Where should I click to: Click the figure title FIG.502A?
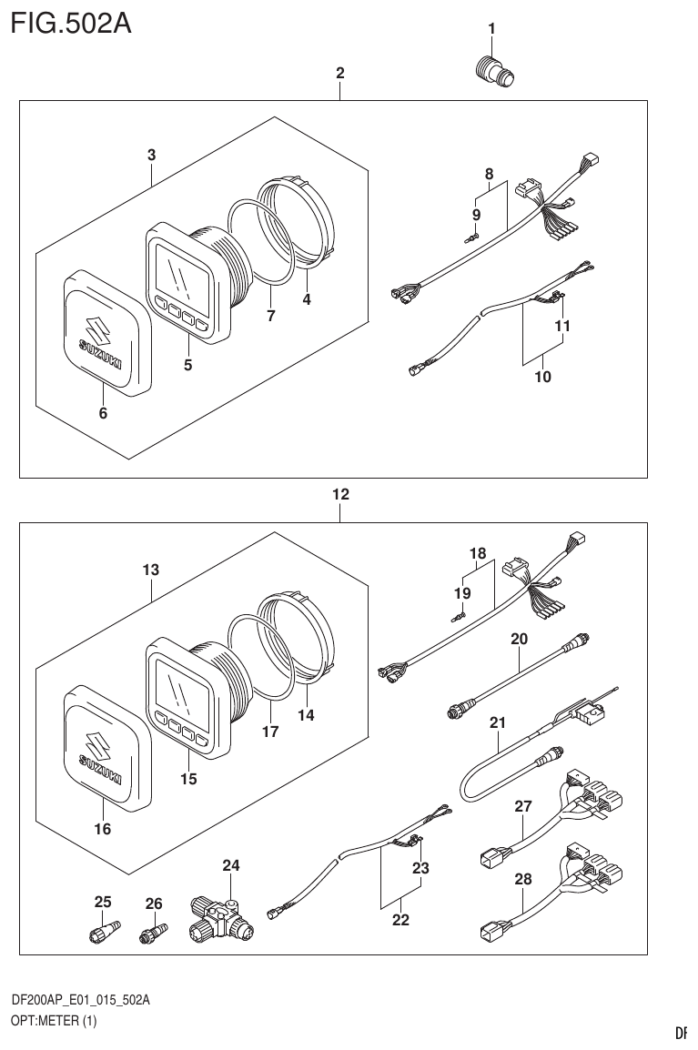point(71,22)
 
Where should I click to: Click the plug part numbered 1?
point(496,70)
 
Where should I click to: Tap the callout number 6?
point(103,414)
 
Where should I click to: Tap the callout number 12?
point(340,495)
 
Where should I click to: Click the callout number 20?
point(519,640)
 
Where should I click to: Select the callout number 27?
point(522,805)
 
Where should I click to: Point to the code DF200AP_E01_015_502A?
point(80,1000)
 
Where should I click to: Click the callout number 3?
point(151,156)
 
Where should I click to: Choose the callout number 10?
point(543,376)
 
